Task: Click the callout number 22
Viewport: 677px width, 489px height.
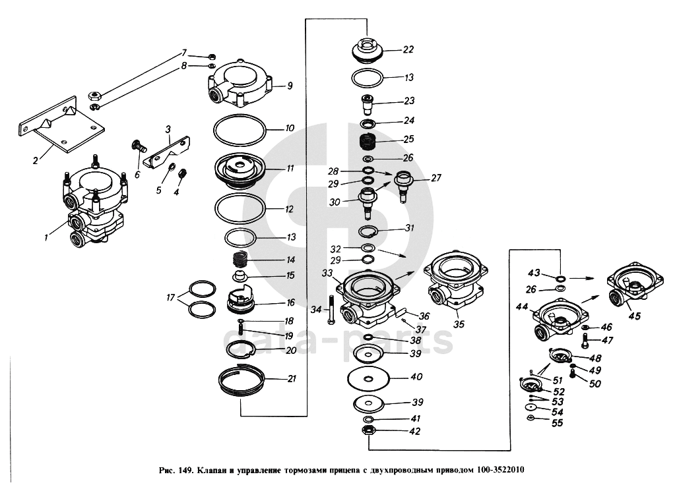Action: click(408, 49)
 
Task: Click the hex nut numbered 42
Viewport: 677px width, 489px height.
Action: click(369, 432)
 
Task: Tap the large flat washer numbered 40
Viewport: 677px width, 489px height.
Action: click(369, 378)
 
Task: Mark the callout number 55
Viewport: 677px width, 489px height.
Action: click(558, 423)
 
